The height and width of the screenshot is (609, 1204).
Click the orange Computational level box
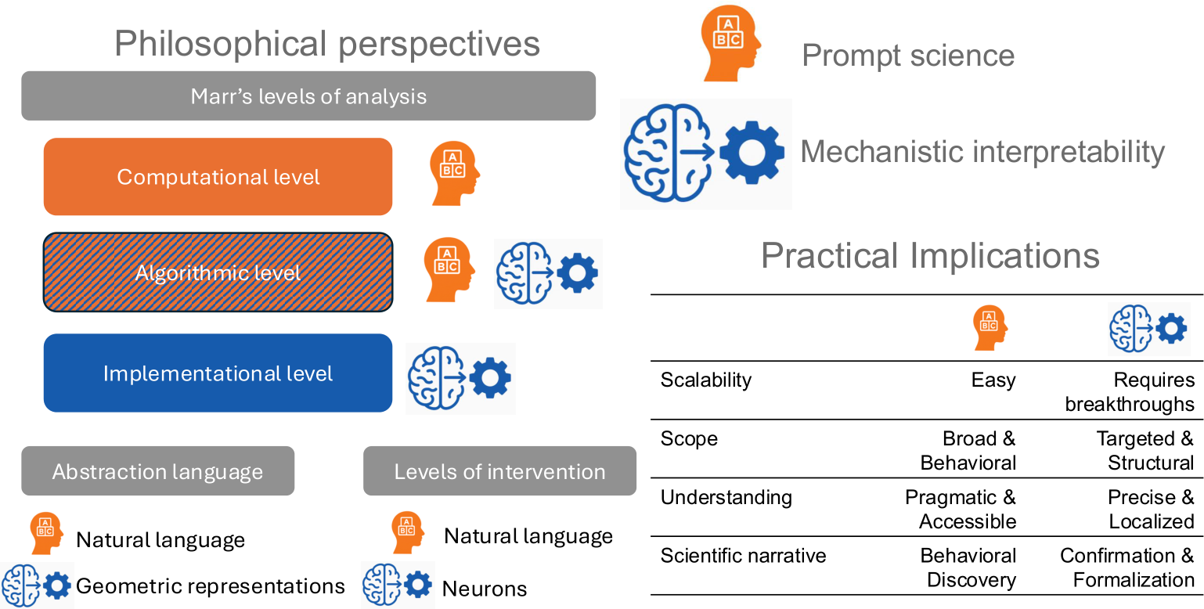point(218,177)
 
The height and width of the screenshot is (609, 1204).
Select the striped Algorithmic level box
point(218,272)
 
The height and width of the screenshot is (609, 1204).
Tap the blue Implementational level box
point(218,373)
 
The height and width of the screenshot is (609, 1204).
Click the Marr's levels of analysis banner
point(308,96)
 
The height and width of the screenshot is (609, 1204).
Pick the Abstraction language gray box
point(157,471)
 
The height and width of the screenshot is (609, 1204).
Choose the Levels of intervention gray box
point(500,471)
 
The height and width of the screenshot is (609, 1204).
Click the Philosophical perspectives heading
point(326,44)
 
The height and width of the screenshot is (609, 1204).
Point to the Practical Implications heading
point(931,255)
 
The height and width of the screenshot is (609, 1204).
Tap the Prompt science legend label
point(908,56)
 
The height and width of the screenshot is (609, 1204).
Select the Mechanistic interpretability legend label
point(982,152)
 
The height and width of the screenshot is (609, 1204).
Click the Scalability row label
point(706,380)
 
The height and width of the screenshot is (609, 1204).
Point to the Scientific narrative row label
point(743,556)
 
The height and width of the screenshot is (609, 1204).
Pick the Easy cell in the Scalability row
point(993,380)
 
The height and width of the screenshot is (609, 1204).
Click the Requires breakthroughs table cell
point(1130,392)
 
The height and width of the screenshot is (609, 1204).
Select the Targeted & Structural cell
point(1145,450)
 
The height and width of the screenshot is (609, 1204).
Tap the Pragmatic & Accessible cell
point(961,509)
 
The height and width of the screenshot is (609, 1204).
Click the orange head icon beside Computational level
point(455,174)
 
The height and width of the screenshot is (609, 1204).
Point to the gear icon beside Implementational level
point(490,378)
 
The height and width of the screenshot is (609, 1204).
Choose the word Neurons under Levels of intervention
point(485,589)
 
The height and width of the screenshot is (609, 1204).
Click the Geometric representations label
point(210,586)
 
